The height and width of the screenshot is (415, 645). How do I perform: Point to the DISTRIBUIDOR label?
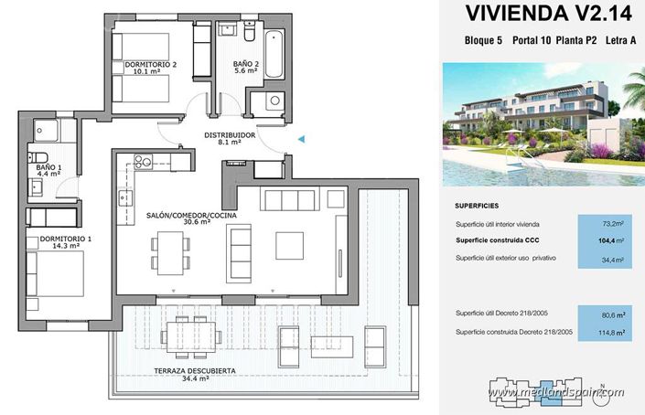click(x=229, y=137)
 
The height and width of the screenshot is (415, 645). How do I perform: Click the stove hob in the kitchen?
click(x=144, y=162)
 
